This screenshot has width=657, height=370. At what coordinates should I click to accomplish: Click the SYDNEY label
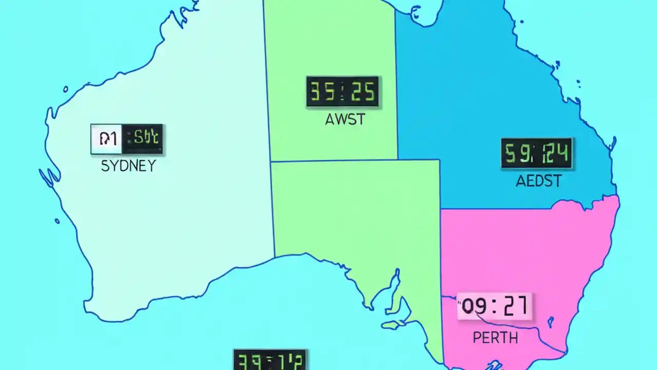(128, 166)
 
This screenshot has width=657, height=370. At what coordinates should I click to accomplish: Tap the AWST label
(345, 120)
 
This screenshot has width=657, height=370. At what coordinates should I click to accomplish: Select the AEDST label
(538, 181)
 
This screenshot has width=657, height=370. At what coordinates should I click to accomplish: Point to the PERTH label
(495, 338)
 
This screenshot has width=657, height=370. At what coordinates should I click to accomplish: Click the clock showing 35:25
(342, 91)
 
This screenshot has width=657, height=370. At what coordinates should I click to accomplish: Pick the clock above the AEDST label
(536, 153)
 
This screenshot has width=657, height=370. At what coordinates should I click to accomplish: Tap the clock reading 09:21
(495, 306)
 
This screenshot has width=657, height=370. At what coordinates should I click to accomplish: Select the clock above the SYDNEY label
(127, 139)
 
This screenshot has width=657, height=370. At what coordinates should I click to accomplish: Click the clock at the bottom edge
(270, 360)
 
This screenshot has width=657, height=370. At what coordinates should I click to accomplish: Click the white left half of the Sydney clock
(107, 139)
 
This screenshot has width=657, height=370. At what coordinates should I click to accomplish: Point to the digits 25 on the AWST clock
(363, 92)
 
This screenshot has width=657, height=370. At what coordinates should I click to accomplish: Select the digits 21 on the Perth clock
(515, 306)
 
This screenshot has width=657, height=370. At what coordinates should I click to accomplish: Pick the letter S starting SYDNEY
(105, 166)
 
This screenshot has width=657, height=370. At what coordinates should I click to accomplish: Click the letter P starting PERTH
(476, 338)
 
